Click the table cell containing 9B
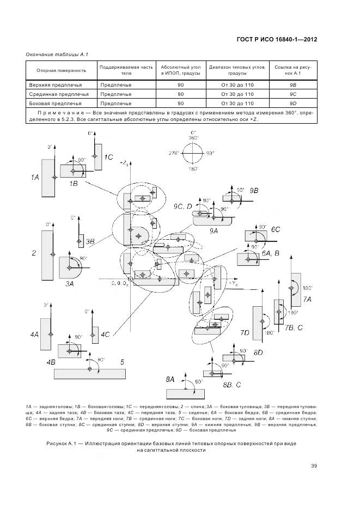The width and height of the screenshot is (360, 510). pyautogui.click(x=292, y=86)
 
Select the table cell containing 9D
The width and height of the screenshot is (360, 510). pyautogui.click(x=292, y=103)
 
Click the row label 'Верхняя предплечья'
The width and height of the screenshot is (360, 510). pyautogui.click(x=51, y=86)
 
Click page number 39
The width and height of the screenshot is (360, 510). pyautogui.click(x=314, y=465)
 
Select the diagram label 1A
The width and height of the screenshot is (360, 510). pyautogui.click(x=35, y=177)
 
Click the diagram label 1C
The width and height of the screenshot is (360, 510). pyautogui.click(x=108, y=157)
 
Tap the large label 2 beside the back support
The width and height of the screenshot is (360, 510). pyautogui.click(x=34, y=253)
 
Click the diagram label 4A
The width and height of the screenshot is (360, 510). pyautogui.click(x=34, y=334)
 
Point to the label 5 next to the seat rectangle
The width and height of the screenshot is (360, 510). pyautogui.click(x=122, y=361)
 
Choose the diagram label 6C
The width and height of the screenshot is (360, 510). pyautogui.click(x=276, y=229)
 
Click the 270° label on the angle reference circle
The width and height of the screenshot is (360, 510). pyautogui.click(x=174, y=153)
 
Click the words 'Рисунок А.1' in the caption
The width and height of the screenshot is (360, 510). pyautogui.click(x=64, y=444)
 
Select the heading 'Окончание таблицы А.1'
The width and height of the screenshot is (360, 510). pyautogui.click(x=53, y=54)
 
